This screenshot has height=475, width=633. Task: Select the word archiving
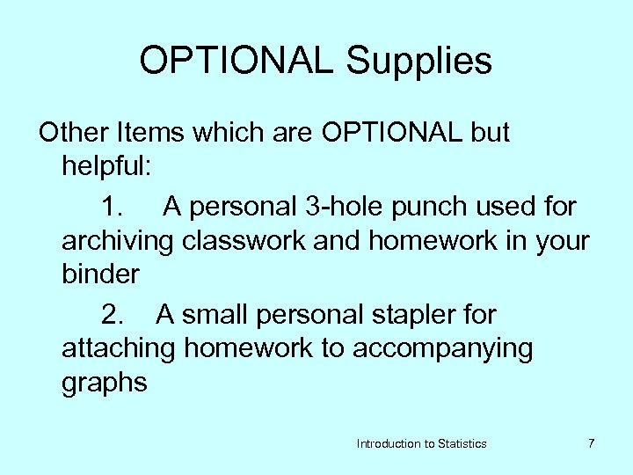coord(118,241)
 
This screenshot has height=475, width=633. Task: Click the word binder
coord(100,274)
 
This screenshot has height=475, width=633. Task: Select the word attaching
coord(118,348)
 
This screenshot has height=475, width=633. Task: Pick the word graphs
coord(105,383)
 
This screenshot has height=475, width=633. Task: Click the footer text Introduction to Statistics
coord(421,444)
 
